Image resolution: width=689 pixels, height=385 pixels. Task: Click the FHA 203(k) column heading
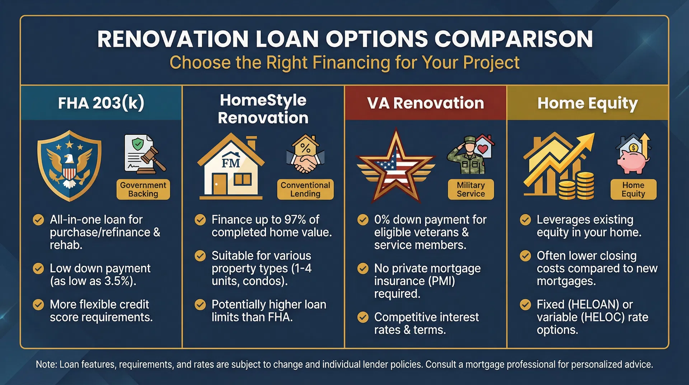coord(101,103)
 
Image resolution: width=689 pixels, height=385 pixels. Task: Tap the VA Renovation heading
coord(426,103)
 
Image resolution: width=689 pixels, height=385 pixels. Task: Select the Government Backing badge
coord(143,189)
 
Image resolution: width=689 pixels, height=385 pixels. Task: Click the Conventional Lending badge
coord(305,189)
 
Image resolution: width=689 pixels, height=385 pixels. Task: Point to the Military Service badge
coord(471,189)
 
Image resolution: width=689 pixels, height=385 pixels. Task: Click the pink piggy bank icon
coord(633,162)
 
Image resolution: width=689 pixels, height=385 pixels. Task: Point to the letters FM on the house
coord(230,163)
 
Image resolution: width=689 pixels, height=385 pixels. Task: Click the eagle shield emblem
coord(70,166)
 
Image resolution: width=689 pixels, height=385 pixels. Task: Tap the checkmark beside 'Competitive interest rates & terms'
coord(363,317)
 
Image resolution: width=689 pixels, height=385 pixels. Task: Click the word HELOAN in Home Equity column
coord(594,305)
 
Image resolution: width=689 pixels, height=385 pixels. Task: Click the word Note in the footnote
coord(46,364)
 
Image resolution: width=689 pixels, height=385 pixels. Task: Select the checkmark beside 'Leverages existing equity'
coord(525,219)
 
